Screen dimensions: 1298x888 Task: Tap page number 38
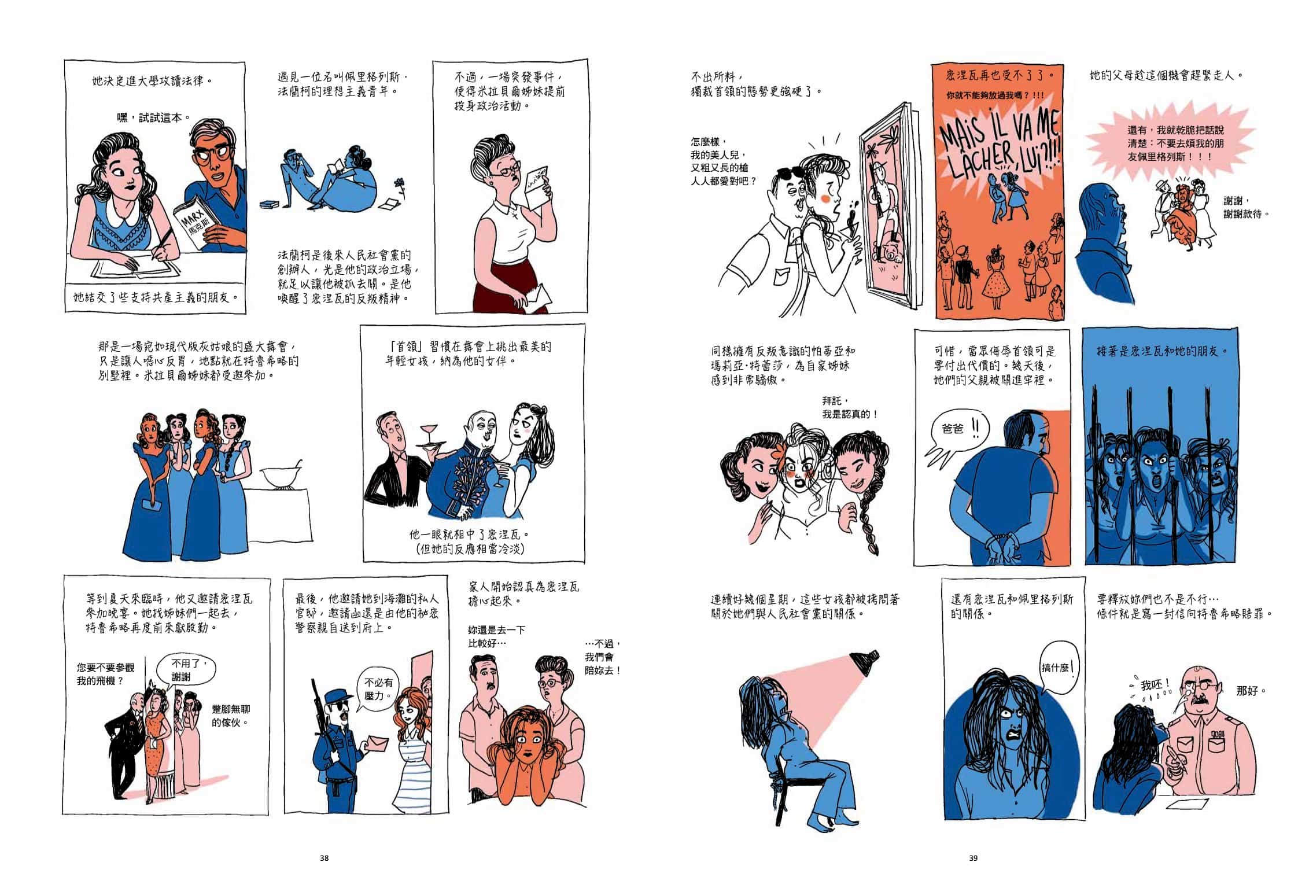point(324,858)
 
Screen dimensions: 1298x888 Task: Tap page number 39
point(973,858)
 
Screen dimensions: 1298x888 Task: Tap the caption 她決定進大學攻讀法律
point(153,80)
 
